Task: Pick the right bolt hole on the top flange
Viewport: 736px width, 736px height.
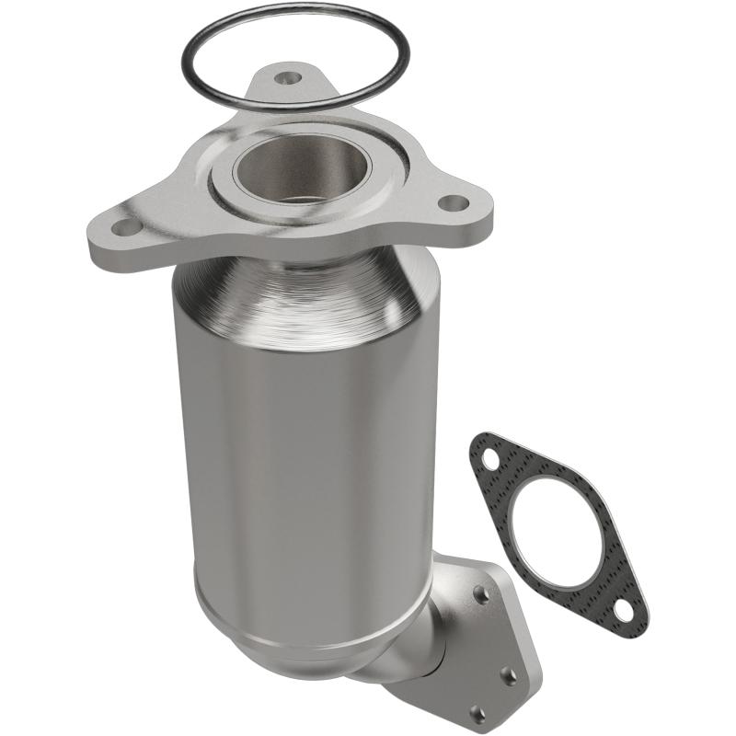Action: point(450,202)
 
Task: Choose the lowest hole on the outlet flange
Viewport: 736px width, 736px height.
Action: point(476,710)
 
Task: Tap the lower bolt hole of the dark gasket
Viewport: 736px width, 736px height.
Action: point(625,608)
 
